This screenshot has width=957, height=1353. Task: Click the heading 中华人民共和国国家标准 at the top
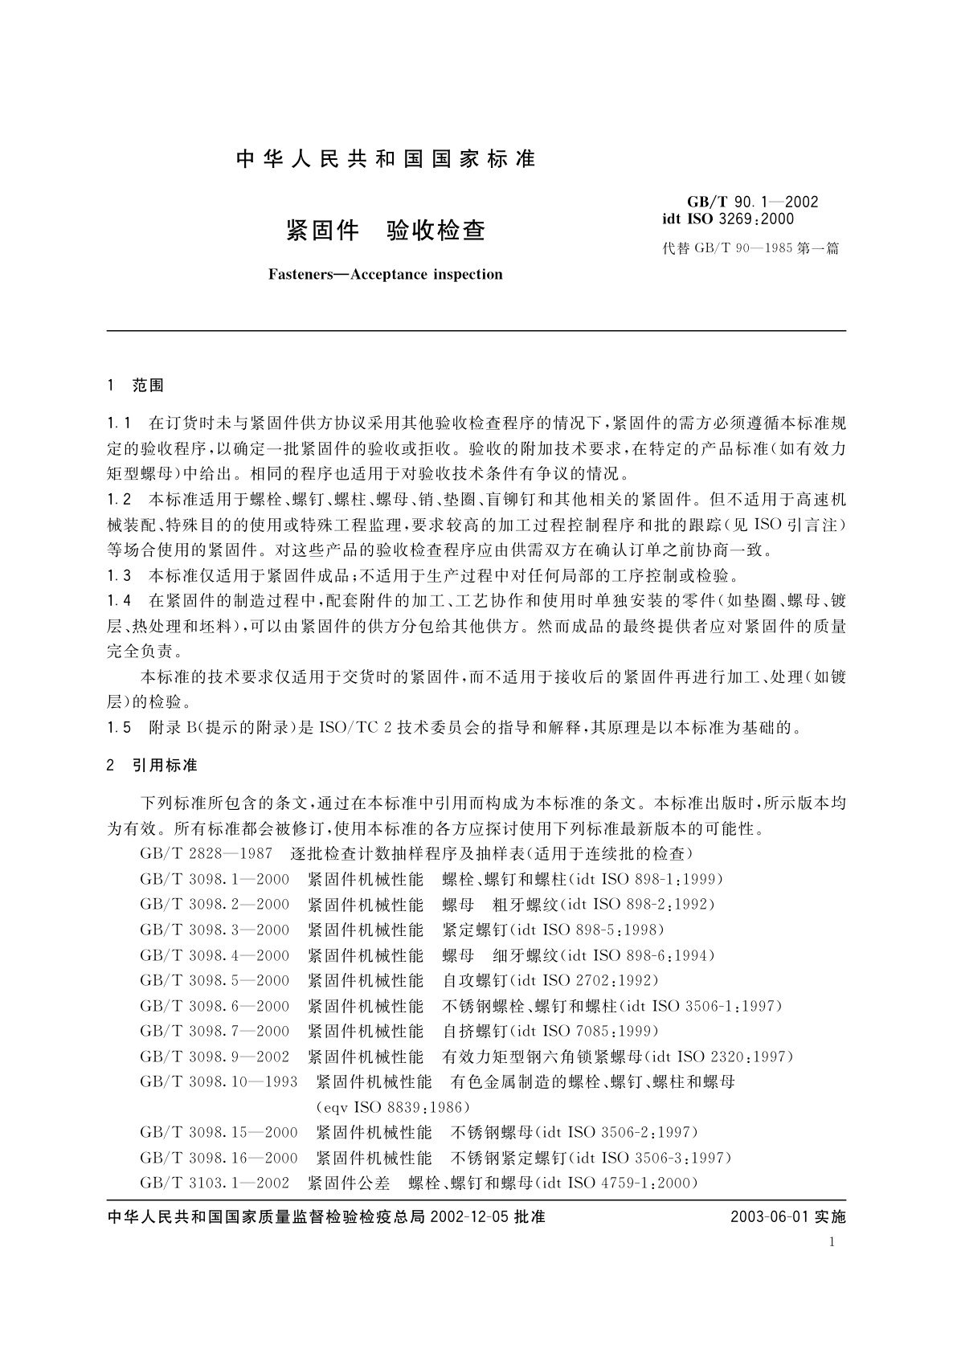tap(386, 159)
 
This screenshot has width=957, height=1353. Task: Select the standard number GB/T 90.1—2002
tap(752, 202)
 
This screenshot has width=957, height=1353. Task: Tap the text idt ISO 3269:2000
tap(727, 219)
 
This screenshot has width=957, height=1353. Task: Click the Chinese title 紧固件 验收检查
tap(386, 231)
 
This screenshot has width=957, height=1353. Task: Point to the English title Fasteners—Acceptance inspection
tap(386, 274)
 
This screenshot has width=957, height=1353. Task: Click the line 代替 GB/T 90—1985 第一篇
tap(750, 248)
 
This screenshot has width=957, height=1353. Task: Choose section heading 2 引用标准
tap(152, 766)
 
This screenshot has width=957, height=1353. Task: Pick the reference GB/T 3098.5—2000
tap(215, 980)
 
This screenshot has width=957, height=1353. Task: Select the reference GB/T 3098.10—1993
tap(219, 1081)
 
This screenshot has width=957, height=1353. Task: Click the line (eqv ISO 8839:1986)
tap(394, 1107)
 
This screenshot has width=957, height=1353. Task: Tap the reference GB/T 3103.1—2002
tap(215, 1183)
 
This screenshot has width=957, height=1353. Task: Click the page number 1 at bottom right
tap(832, 1243)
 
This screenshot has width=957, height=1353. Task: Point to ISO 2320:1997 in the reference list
tap(730, 1057)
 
